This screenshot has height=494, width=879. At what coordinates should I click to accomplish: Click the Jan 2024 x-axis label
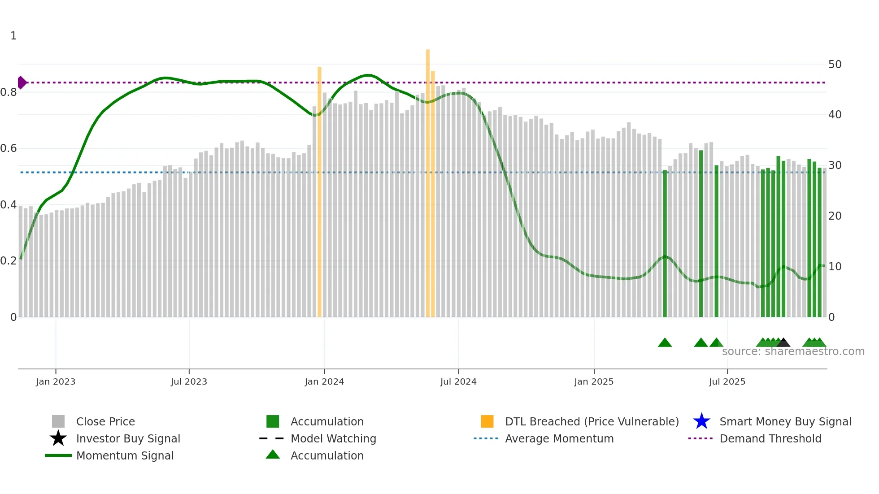click(324, 381)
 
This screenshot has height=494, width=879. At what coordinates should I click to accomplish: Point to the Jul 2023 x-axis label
click(189, 381)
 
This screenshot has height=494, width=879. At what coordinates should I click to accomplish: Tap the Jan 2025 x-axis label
click(594, 381)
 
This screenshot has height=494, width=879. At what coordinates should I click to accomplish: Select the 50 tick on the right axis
click(835, 65)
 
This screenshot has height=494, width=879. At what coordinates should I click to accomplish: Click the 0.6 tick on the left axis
click(9, 148)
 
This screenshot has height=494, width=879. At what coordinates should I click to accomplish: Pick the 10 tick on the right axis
click(835, 267)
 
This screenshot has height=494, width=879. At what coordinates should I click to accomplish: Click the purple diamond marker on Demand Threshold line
click(22, 82)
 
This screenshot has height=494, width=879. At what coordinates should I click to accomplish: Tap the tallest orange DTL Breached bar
click(428, 179)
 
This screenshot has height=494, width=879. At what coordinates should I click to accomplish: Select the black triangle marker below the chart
click(783, 343)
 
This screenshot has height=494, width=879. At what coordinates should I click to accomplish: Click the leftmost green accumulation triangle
click(665, 343)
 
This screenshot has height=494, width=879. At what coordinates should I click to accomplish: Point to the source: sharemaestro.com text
click(793, 351)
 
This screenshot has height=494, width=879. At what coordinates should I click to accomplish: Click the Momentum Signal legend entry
click(125, 455)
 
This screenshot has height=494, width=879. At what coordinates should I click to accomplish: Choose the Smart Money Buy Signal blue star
click(701, 421)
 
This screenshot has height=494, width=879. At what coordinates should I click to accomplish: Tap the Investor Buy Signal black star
click(58, 438)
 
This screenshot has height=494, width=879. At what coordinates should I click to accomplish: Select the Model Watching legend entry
click(333, 438)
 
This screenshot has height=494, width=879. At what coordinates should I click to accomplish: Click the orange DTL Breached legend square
click(487, 421)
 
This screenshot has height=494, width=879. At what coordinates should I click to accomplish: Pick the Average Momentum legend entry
click(559, 438)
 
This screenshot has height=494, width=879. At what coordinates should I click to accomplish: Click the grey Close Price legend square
click(58, 421)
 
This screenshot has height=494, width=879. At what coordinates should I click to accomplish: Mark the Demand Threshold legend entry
click(770, 438)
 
